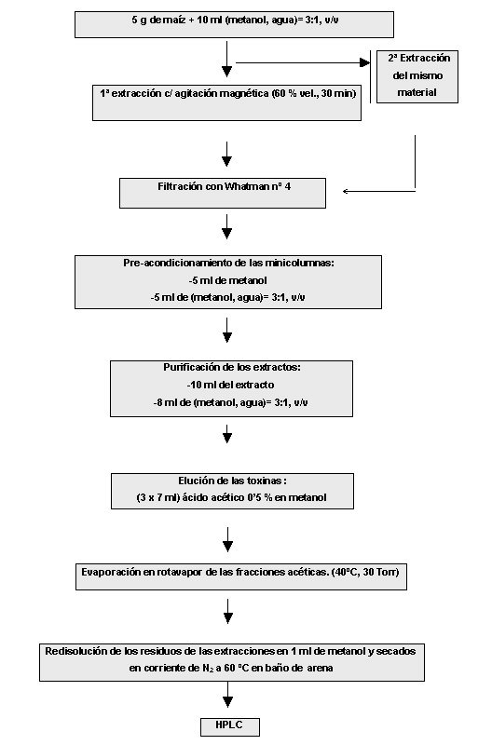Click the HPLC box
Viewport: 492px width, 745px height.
tap(229, 727)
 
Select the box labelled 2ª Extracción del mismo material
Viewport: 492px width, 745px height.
tap(417, 76)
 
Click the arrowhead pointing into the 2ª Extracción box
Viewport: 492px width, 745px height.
tap(365, 62)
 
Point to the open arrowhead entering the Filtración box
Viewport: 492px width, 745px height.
tap(347, 192)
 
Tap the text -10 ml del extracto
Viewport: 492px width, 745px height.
tap(230, 385)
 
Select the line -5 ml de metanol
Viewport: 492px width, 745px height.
tap(227, 281)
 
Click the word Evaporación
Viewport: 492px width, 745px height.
tap(111, 572)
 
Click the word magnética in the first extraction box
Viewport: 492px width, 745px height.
tap(246, 94)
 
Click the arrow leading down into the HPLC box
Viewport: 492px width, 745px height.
tap(227, 694)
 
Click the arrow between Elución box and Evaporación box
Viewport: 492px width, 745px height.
tap(227, 539)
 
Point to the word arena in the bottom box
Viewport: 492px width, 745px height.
tap(320, 668)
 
